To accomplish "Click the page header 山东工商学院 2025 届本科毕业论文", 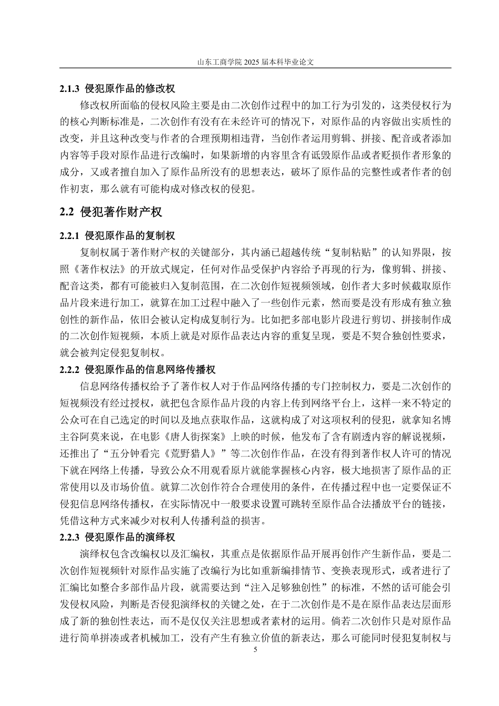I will click(255, 61).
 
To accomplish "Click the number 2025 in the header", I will click(252, 61).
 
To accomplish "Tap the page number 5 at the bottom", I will click(255, 650).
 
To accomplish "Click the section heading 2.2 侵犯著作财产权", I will click(111, 212).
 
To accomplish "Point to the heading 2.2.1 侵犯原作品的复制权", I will click(118, 236).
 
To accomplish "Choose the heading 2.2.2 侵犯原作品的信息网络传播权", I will click(138, 370).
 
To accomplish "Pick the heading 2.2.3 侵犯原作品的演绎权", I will click(118, 537).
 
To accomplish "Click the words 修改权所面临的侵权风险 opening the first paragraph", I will click(131, 105).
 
